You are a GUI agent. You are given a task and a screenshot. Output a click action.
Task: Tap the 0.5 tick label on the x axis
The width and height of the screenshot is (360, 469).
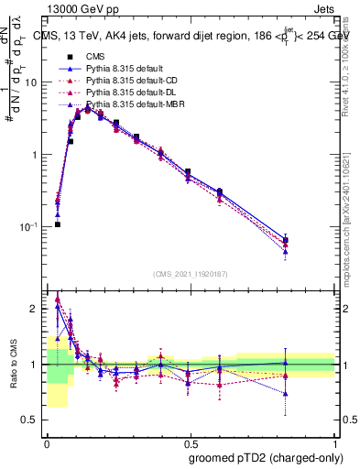(x=190, y=441)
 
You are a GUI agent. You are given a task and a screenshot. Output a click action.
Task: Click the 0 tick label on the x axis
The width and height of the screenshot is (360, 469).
(x=47, y=441)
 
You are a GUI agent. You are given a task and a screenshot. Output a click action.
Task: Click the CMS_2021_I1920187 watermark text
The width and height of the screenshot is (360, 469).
(x=190, y=273)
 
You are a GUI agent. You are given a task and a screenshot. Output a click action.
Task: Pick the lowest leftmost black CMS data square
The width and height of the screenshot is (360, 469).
(x=57, y=224)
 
